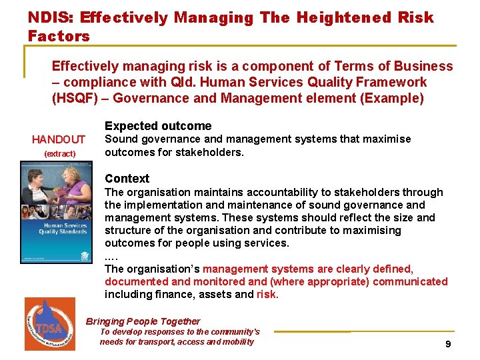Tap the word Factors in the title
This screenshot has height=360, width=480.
point(59,36)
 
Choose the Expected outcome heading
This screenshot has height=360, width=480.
point(158,126)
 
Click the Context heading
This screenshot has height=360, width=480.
point(127,179)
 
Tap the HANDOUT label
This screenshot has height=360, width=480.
point(59,139)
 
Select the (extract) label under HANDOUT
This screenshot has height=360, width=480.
point(59,154)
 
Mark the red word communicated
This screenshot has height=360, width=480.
point(410,281)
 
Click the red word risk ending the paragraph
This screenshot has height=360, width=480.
point(267,294)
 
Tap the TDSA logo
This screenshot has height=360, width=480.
point(50,323)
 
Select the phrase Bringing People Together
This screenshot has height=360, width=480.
point(143,321)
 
